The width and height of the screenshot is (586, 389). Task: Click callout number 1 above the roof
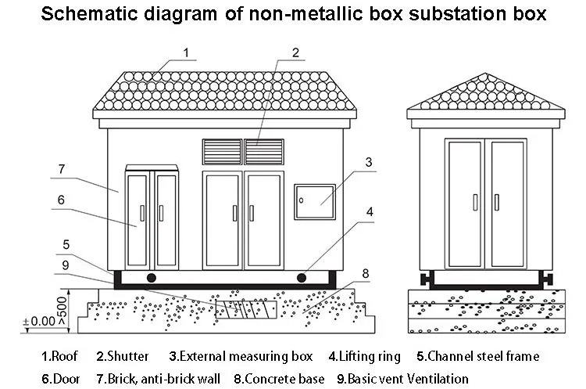tap(186, 52)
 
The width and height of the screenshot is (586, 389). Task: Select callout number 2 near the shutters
tap(295, 52)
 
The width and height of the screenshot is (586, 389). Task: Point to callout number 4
tap(370, 211)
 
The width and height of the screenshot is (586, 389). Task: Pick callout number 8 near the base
tap(365, 273)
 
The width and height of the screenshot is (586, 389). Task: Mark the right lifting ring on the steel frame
tap(302, 277)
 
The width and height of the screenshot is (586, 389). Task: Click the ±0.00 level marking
tap(38, 321)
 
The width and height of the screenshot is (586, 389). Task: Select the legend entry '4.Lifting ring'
tap(363, 356)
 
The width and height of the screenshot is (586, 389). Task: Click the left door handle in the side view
tap(475, 202)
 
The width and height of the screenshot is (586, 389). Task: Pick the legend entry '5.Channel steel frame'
tap(477, 356)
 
